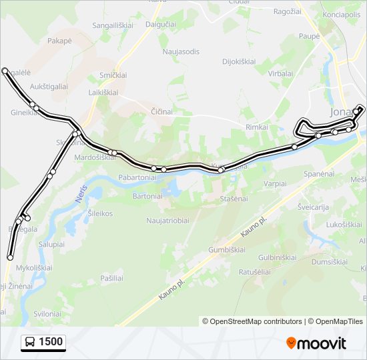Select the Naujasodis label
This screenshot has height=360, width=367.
181,51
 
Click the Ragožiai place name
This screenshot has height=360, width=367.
288,11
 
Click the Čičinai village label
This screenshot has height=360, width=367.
163,111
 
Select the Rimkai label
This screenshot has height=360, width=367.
257,127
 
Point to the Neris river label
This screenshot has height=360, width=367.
74,195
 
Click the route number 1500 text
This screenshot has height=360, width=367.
51,343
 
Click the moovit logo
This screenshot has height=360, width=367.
316,343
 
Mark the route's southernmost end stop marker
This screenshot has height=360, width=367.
10,257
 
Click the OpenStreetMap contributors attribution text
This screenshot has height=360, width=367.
252,321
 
